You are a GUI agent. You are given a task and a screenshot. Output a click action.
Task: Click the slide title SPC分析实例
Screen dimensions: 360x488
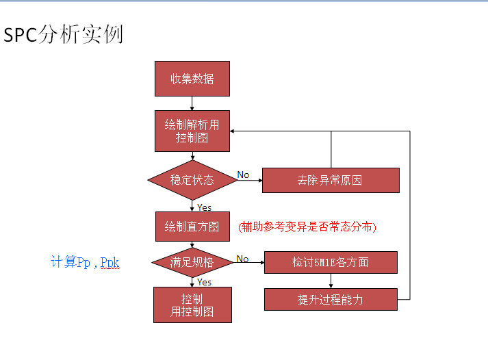(64, 34)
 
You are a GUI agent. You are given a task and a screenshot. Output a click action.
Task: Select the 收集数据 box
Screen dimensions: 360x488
(192, 79)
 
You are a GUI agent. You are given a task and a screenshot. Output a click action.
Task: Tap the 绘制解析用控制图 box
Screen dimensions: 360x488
(192, 131)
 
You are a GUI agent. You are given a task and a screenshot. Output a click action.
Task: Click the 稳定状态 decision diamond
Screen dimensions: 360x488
(192, 181)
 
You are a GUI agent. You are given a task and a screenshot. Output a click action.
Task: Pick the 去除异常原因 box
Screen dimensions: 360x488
(330, 181)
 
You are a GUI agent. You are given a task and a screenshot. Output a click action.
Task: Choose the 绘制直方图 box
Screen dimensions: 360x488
(192, 227)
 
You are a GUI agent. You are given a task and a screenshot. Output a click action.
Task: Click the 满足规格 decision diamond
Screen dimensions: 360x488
(192, 262)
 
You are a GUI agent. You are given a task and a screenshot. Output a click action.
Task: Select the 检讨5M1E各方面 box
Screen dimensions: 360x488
(330, 262)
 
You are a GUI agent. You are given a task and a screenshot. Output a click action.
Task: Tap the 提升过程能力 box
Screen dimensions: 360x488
(330, 300)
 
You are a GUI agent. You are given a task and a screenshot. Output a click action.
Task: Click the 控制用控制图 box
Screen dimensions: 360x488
(192, 305)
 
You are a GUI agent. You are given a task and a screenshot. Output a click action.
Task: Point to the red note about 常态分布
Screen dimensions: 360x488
(307, 227)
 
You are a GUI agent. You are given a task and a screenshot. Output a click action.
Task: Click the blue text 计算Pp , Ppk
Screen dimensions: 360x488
(85, 262)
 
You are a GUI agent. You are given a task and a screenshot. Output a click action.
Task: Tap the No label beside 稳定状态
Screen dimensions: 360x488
(243, 175)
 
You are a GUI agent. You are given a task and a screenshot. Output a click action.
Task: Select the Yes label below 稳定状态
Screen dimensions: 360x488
(204, 207)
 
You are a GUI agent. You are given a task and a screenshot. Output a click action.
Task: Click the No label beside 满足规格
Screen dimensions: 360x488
(242, 259)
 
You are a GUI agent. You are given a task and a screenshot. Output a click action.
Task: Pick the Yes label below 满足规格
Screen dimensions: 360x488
(204, 282)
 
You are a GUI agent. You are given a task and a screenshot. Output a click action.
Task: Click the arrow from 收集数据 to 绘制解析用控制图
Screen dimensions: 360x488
(192, 103)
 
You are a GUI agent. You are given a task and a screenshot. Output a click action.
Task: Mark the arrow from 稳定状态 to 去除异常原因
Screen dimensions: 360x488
(249, 181)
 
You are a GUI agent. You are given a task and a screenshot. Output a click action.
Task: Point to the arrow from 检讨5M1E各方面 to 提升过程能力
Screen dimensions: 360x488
(330, 281)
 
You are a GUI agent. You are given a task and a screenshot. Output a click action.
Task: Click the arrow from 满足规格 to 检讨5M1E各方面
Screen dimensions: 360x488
(250, 262)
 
